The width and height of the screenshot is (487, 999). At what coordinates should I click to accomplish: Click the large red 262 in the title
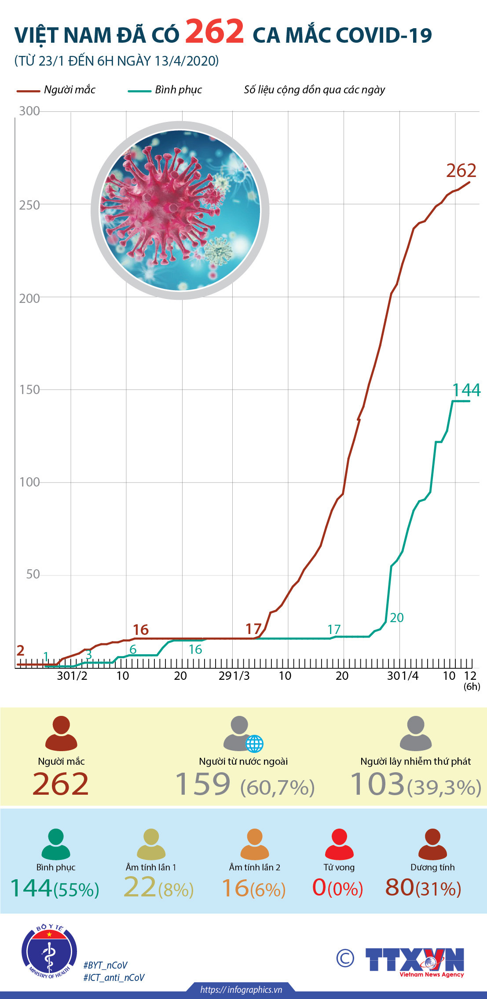pos(214,32)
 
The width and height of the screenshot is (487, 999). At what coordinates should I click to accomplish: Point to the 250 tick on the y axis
pos(29,205)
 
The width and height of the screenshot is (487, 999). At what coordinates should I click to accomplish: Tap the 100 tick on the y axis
pos(29,482)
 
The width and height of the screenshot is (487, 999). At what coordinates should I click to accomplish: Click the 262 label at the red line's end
pos(461,171)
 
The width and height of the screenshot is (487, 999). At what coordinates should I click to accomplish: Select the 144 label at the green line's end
pos(466,390)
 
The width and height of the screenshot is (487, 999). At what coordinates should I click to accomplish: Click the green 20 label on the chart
pos(396,618)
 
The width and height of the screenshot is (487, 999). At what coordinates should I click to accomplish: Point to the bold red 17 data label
pos(253,629)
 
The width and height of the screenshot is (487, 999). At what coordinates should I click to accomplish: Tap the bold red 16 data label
pos(141,630)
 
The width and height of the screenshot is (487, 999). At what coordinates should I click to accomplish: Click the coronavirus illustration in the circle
pos(180,210)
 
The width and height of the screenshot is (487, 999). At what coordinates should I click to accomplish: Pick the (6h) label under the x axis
pos(472,686)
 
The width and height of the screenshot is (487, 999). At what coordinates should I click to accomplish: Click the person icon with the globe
pos(242,734)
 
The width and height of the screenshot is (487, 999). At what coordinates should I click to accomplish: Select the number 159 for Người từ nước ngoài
pos(203,784)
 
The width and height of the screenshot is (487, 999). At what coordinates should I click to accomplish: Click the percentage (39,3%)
pos(444,788)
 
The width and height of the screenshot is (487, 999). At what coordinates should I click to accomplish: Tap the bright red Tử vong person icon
pos(339,844)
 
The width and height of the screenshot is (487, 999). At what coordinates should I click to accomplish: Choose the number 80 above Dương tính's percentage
pos(399,887)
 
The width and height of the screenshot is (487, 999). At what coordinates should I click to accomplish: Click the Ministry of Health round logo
pos(49,951)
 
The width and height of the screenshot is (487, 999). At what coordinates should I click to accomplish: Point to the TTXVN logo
pos(414,961)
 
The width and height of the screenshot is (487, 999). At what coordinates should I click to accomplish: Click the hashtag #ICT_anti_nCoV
pos(114,977)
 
